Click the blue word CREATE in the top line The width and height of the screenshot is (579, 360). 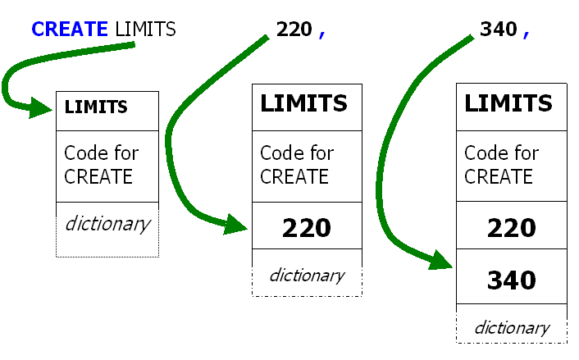coord(69,30)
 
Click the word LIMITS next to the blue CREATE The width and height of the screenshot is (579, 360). coord(146,30)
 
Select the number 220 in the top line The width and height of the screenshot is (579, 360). coord(294,30)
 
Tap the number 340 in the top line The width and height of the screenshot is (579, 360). coord(499,30)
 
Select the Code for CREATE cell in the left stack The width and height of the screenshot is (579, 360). coord(107,165)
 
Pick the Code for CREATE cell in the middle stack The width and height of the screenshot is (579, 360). coord(307,165)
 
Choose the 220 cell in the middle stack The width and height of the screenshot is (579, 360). coord(307,227)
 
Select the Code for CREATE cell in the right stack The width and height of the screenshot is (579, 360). coord(511,165)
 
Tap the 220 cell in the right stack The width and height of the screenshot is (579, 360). coord(511,227)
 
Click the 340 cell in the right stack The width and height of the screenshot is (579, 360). coord(511,280)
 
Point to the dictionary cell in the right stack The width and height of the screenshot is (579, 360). coord(511,328)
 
